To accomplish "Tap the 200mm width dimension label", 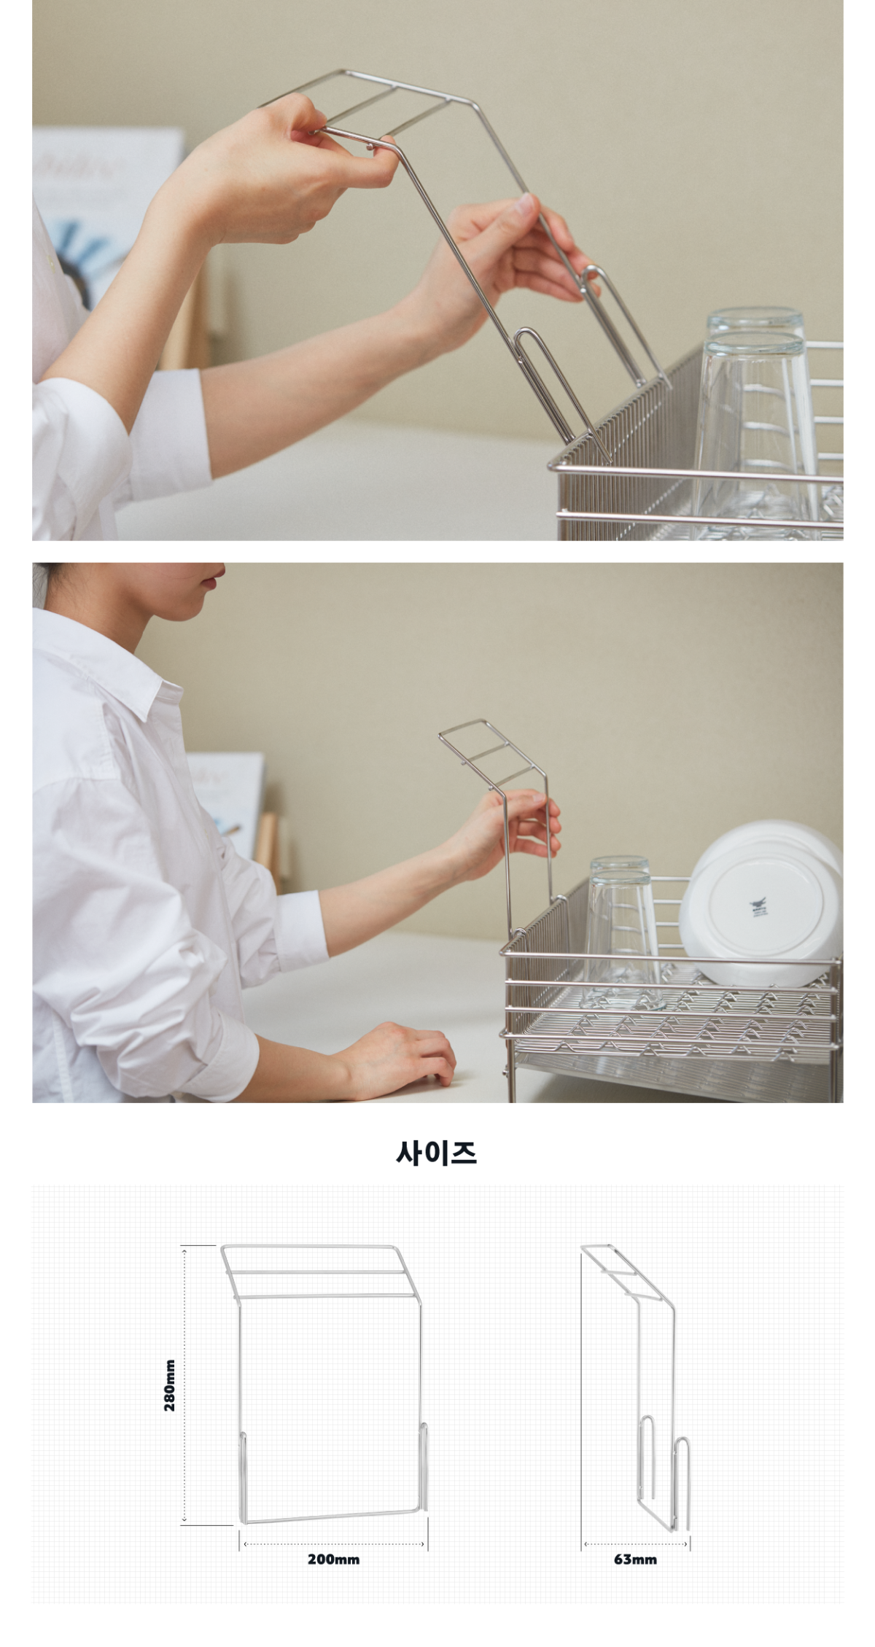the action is pos(333,1559).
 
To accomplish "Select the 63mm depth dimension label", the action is pos(635,1559).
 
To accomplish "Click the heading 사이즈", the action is pos(437,1153).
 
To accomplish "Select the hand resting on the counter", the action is pos(394,1057).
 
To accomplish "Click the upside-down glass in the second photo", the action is pos(622,933).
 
